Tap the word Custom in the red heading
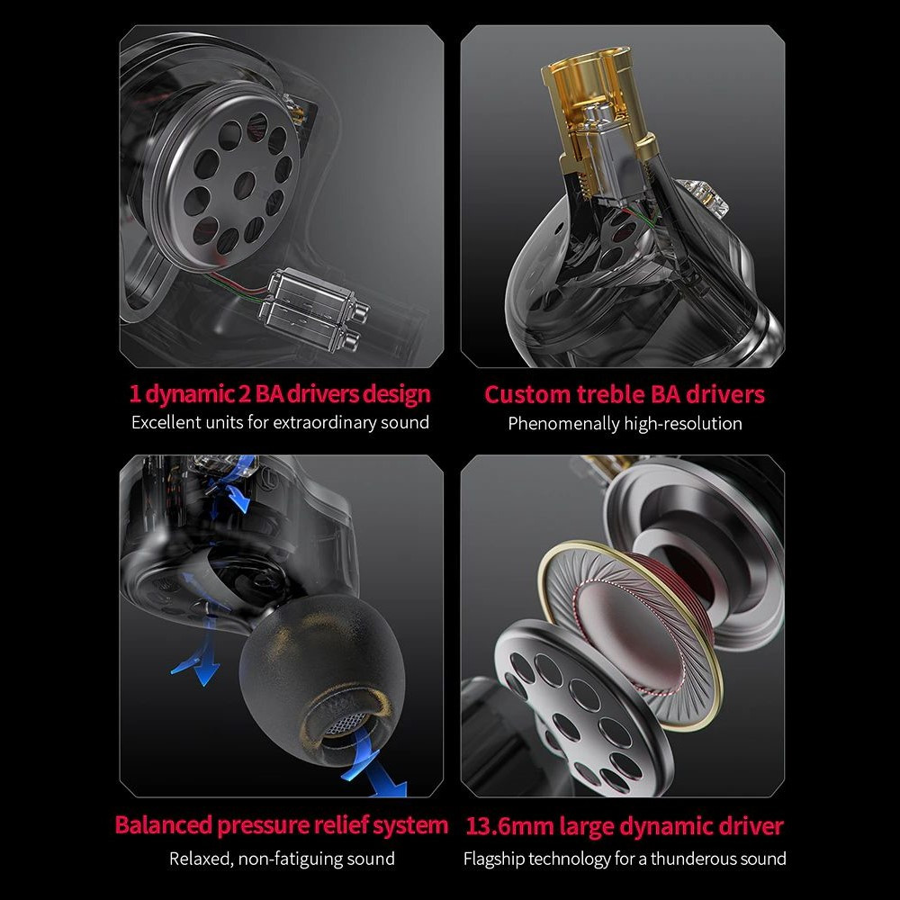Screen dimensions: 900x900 [x=527, y=394]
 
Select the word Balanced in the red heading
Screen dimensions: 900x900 [x=164, y=824]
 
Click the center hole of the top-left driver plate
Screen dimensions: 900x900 [x=245, y=184]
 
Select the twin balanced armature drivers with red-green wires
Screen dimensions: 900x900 [x=313, y=310]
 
